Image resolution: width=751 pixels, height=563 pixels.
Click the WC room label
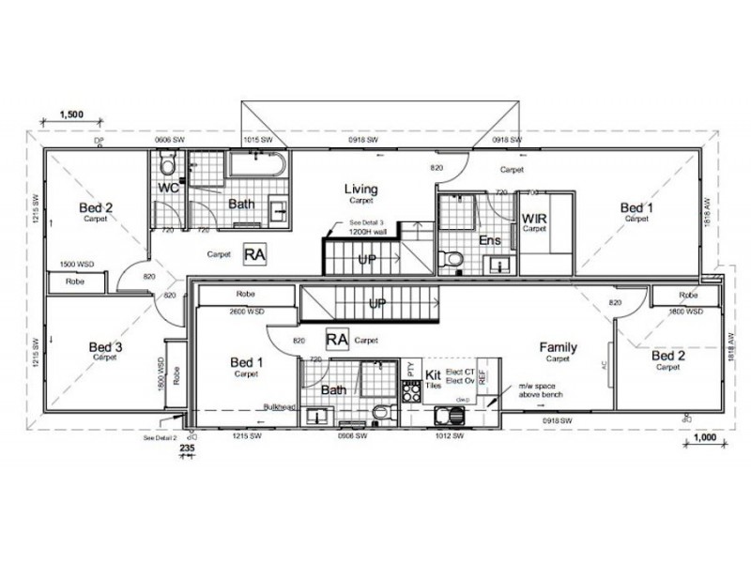click(169, 188)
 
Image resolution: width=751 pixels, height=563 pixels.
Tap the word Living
click(360, 189)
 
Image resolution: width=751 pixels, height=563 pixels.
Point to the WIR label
click(534, 219)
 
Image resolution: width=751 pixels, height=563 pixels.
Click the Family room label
click(558, 347)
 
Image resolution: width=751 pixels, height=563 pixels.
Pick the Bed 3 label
click(105, 346)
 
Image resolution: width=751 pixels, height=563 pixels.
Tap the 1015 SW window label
click(258, 140)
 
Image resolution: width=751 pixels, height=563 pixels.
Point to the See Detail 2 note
click(160, 437)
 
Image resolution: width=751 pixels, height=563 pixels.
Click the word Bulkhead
click(279, 407)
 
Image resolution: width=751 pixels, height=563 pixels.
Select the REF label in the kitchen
click(483, 376)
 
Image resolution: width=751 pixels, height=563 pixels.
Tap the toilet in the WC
click(168, 166)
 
